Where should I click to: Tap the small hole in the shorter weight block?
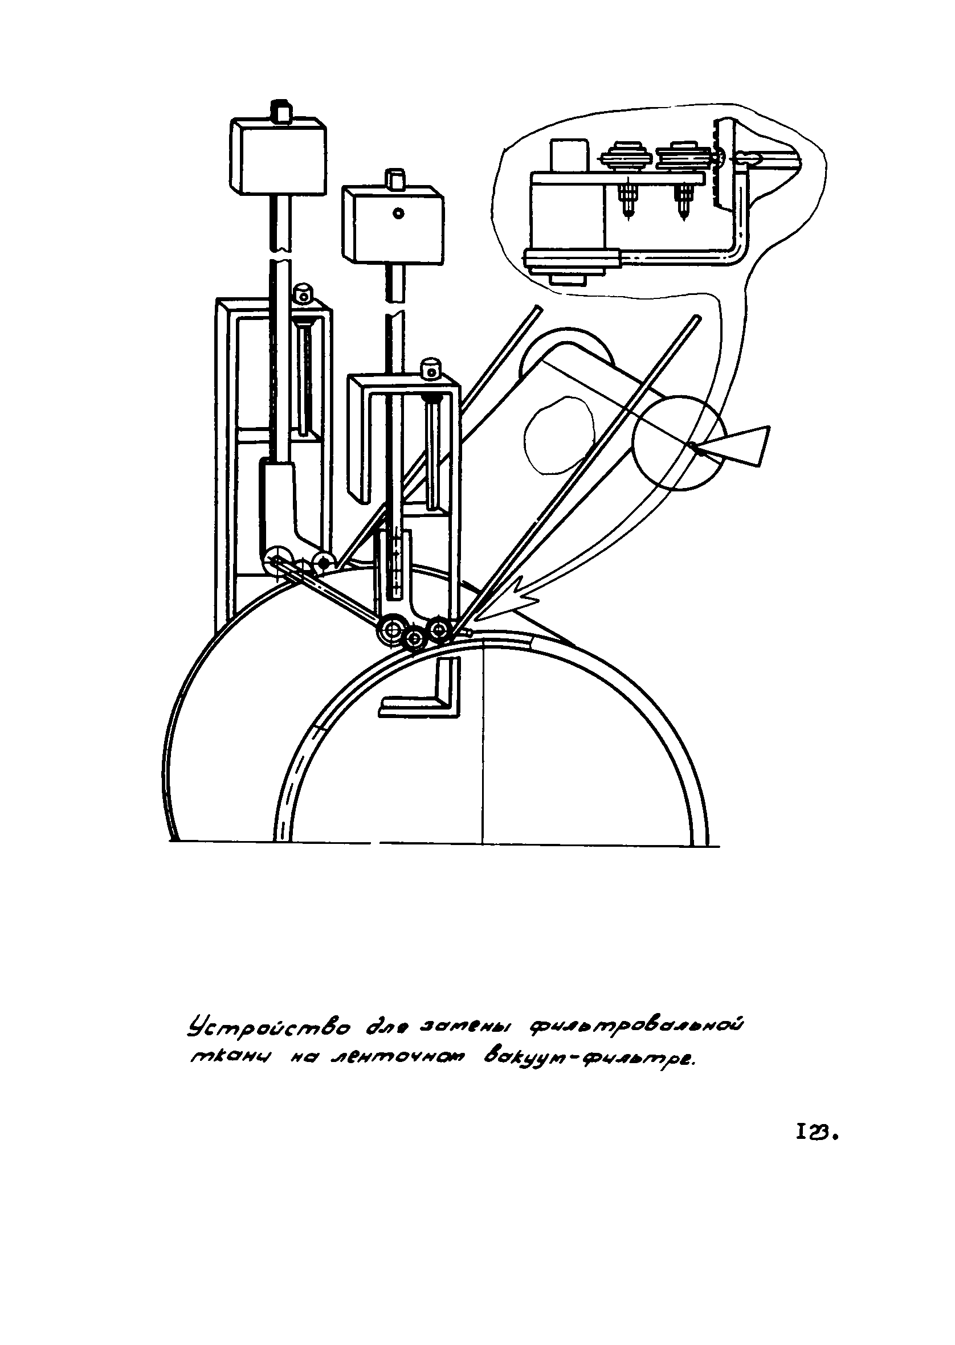(x=398, y=214)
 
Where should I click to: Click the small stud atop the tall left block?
(x=281, y=111)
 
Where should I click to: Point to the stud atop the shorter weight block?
(x=394, y=179)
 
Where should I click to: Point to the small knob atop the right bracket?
(x=432, y=369)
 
